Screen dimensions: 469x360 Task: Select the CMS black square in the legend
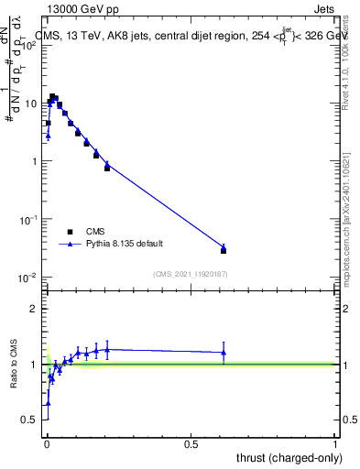(x=70, y=232)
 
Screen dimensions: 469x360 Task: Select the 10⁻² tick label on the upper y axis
(x=28, y=277)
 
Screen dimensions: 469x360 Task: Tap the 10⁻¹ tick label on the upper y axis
(x=28, y=219)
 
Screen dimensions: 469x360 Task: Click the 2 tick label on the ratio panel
(x=34, y=309)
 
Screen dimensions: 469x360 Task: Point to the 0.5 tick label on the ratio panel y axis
(x=30, y=420)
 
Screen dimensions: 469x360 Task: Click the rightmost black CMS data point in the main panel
(x=224, y=250)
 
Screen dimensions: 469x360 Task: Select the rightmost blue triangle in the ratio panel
(x=224, y=353)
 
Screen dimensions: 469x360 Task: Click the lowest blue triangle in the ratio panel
(x=48, y=403)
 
